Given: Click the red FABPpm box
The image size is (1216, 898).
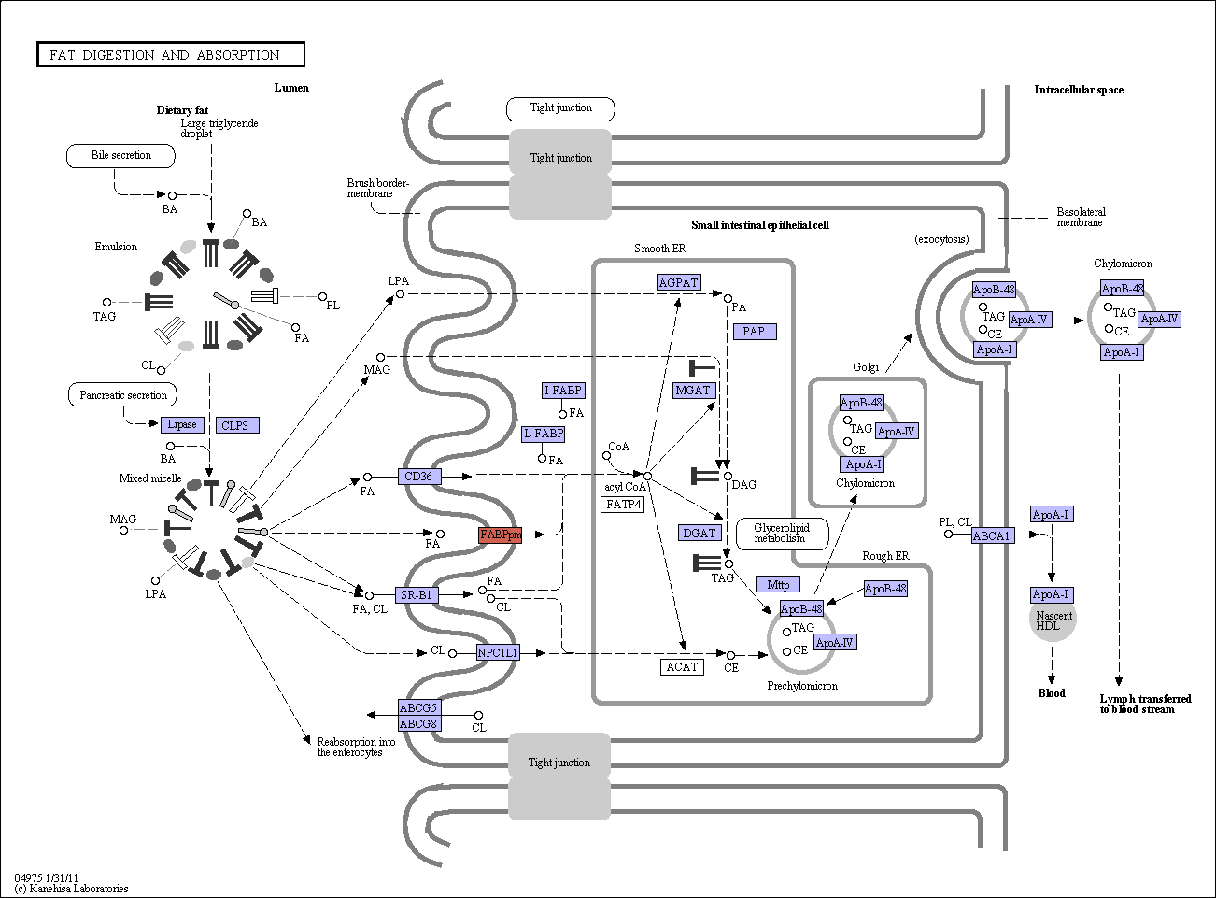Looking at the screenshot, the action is pos(500,535).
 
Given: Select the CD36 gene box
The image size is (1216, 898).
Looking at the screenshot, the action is pos(418,477).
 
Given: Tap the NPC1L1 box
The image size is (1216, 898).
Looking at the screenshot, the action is pos(498,653).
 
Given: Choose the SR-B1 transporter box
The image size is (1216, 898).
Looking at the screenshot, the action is pos(417,594).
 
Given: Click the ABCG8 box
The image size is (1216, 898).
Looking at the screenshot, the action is pos(419,723).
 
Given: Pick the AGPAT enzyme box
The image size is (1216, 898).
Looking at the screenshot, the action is pos(679,282).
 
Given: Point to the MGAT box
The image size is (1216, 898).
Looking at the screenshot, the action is pos(694,390).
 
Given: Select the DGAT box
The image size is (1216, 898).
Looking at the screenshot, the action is pos(699,533).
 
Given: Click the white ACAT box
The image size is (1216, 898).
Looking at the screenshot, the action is pos(682,667).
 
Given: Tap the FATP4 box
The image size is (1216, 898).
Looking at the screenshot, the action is pos(623,504).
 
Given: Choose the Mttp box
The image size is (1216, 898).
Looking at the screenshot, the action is pos(778,584).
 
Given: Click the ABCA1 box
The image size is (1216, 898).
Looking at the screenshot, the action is pos(993,535).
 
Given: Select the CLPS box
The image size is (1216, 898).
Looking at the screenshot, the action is pos(237,425).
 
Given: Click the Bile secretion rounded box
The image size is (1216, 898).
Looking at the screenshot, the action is pos(120,156).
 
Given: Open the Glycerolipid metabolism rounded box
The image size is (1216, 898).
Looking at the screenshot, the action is pos(783,534).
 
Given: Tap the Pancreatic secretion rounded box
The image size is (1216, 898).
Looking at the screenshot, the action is pos(122,394).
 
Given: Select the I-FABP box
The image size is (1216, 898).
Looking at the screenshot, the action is pos(563,390).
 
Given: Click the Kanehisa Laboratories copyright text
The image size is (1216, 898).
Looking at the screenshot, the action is pos(71,888).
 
